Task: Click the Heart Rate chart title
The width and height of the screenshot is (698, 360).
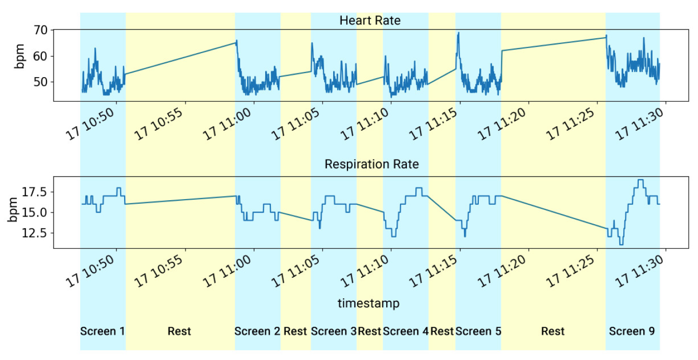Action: click(370, 21)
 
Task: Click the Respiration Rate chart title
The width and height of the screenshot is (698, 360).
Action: click(371, 164)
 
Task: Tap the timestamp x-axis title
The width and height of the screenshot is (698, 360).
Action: click(368, 303)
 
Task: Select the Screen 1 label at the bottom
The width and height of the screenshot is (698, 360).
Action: click(103, 331)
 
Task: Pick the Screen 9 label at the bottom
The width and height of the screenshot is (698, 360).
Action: click(632, 331)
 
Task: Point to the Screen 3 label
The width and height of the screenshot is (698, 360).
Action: click(333, 331)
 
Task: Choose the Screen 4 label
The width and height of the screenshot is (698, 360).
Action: click(406, 331)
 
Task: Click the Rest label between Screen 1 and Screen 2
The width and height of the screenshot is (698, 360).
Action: click(179, 331)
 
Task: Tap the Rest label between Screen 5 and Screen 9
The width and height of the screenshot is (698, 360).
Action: click(553, 331)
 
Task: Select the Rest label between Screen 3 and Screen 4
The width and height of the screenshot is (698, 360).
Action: click(369, 331)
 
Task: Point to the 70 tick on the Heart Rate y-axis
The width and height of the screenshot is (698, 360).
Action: click(41, 30)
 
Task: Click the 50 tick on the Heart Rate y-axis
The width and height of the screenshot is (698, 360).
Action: click(41, 82)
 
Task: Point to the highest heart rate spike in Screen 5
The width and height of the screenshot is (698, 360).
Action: click(458, 33)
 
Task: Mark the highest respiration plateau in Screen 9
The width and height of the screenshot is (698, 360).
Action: click(641, 180)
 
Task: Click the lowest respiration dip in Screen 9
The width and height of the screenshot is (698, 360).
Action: click(621, 245)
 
